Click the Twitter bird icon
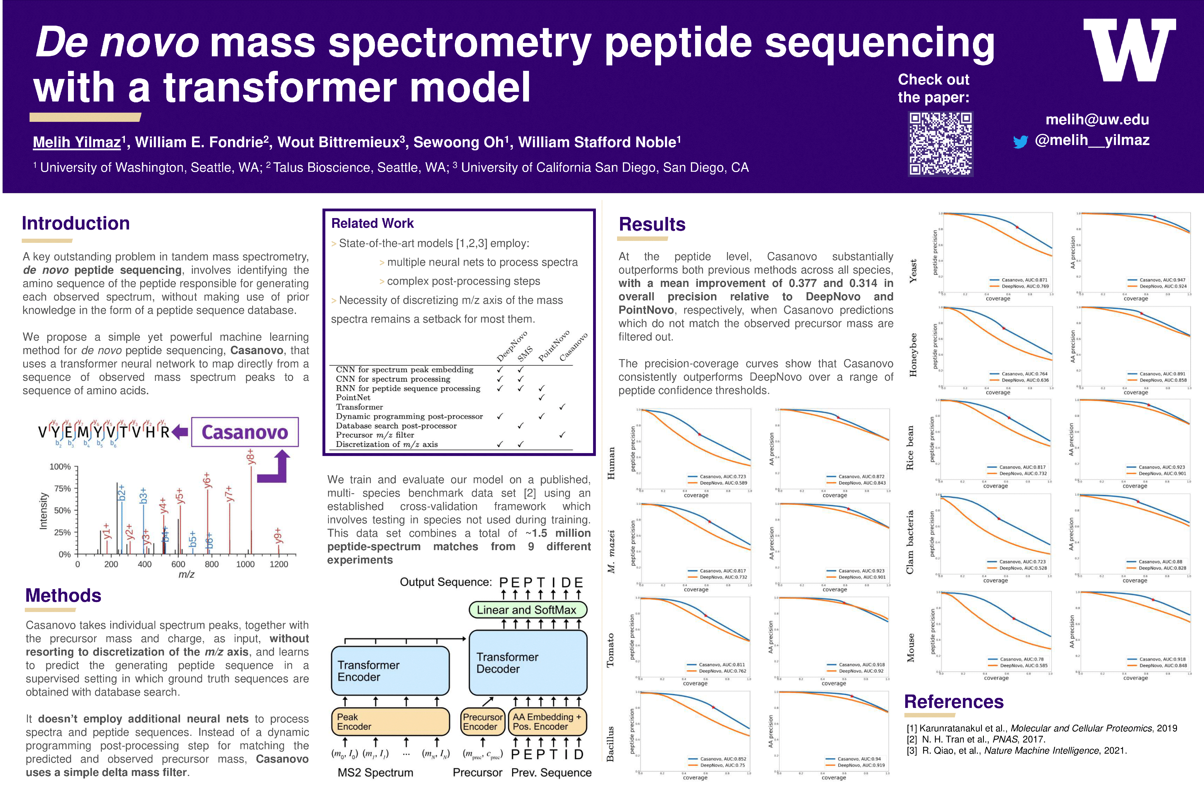1020,142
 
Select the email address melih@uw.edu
1097,120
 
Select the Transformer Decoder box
528,663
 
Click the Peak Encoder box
390,722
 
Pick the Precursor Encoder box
482,722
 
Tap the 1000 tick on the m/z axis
245,564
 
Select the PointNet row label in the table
353,397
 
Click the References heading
954,702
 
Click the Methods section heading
64,596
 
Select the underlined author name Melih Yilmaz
77,142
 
